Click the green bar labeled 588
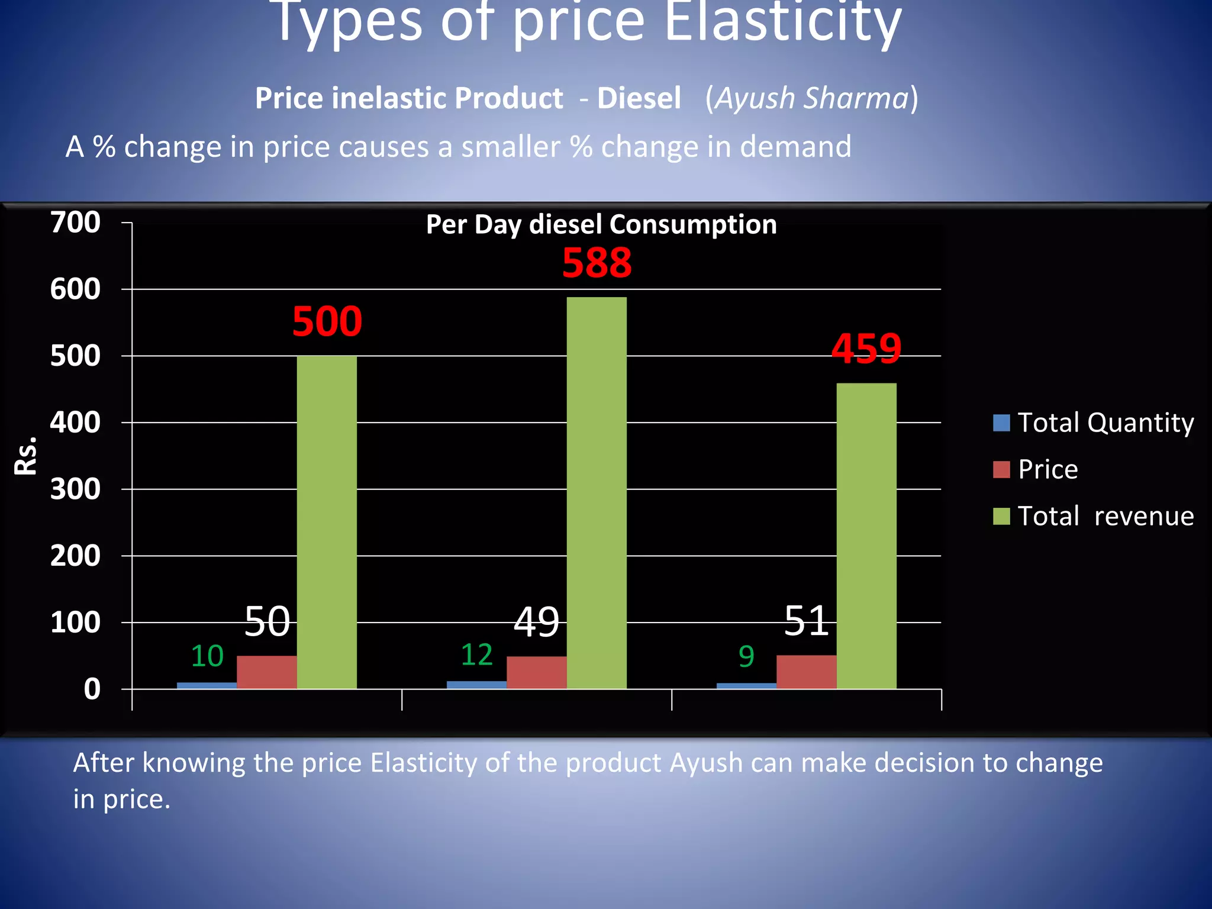[597, 492]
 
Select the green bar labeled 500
[327, 522]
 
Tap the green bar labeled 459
[866, 536]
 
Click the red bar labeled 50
[267, 672]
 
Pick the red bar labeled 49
[537, 673]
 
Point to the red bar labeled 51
[807, 672]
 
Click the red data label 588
[597, 263]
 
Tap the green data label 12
[476, 655]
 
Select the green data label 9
[746, 656]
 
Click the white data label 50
[267, 621]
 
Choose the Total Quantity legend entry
[1094, 423]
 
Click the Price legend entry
[1036, 469]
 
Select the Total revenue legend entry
[1094, 516]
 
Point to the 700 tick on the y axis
[75, 223]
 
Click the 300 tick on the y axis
[75, 489]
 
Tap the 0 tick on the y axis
[92, 689]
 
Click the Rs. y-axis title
[26, 456]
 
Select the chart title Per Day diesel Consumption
[601, 225]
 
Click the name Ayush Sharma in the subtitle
[811, 98]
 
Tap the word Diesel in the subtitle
[639, 98]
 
